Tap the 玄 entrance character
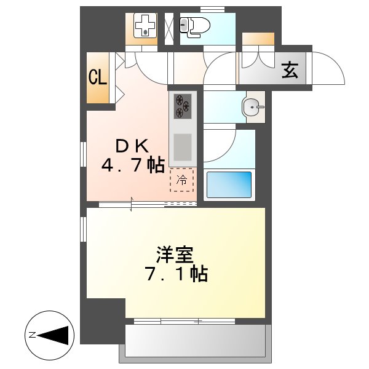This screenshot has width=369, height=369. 290,71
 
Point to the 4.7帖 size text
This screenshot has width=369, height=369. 132,165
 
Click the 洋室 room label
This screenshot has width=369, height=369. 175,253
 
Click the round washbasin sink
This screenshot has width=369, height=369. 252,108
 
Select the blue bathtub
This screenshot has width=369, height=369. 229,184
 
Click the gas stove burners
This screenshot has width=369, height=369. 183,105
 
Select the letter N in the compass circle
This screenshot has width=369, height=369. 31,335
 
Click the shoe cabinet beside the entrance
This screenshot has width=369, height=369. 258,38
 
